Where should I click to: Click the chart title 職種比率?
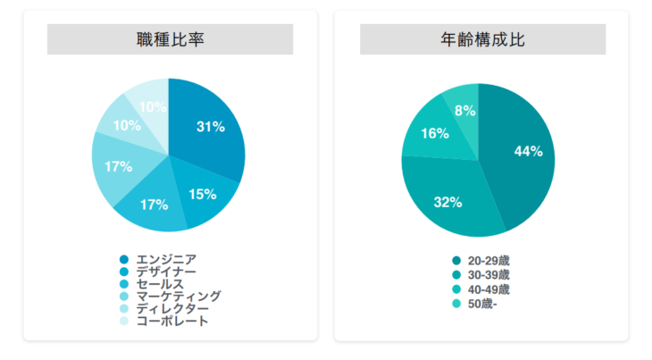coord(170,39)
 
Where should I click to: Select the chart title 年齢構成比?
coord(482,39)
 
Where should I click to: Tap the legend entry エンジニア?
coord(165,260)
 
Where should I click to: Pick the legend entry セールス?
coord(160,284)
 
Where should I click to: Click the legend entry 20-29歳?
coord(488,261)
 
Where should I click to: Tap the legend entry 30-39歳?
coord(488,275)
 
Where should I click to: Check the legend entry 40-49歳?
coord(488,290)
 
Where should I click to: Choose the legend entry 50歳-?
coord(480,305)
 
